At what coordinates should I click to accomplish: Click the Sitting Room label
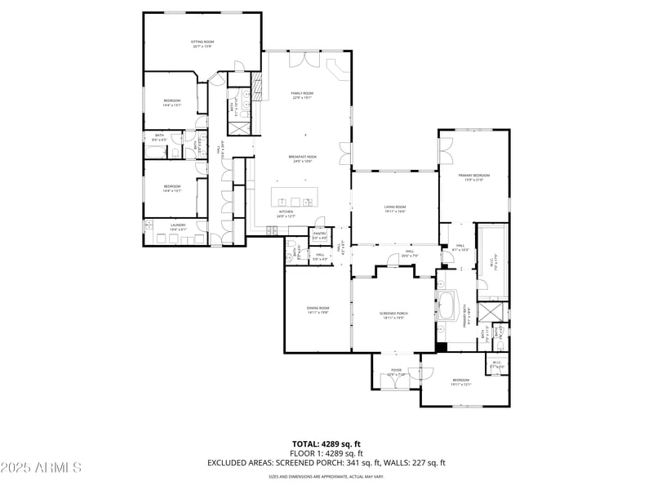[202, 43]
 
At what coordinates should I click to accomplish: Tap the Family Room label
[302, 96]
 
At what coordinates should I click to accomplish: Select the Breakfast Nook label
[302, 158]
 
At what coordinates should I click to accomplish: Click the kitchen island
[295, 201]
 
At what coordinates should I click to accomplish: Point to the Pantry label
[319, 236]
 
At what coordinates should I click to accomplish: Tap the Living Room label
[395, 209]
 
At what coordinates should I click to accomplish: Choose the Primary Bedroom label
[473, 177]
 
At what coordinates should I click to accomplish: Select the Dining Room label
[318, 310]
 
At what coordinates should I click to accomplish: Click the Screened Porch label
[393, 315]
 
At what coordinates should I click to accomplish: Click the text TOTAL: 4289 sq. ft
[326, 444]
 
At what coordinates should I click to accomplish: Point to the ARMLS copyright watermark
[41, 468]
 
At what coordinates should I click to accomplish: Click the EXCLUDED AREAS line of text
[326, 463]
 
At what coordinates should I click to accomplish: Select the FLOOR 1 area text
[326, 453]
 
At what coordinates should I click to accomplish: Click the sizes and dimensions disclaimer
[326, 476]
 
